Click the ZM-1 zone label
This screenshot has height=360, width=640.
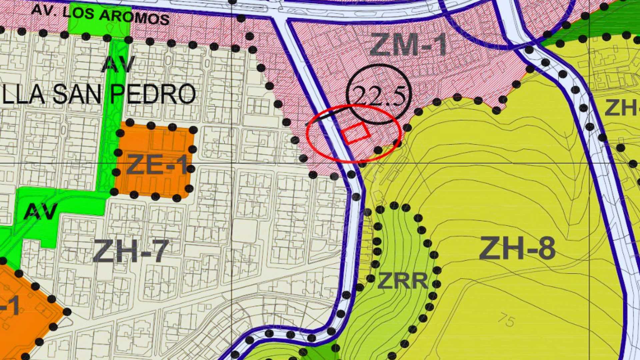coord(409,45)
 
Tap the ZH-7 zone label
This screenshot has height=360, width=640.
coord(131,251)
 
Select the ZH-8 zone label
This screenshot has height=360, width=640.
coord(517,248)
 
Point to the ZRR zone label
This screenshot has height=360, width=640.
coord(403,281)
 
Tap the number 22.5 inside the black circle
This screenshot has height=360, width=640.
coord(379,97)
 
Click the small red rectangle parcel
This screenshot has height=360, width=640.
coord(356,133)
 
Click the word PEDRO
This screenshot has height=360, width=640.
coord(152,94)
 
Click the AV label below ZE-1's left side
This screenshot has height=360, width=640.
coord(41,211)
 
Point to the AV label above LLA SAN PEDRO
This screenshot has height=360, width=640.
coord(118,64)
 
